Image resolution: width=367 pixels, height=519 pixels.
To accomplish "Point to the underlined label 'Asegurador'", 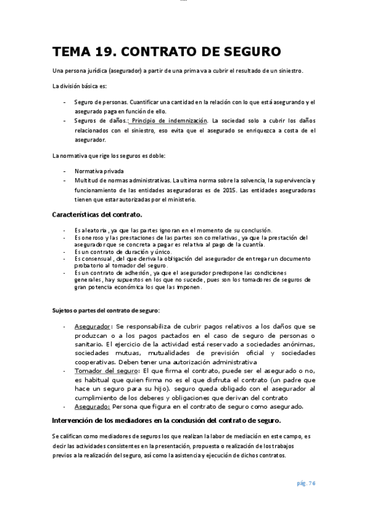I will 92,327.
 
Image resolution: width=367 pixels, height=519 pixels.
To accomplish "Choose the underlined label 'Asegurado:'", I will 92,406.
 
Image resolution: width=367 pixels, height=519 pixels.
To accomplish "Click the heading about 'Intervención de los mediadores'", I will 166,420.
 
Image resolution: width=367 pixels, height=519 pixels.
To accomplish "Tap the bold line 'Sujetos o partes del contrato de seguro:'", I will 105,311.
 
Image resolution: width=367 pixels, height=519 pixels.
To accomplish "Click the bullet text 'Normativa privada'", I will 99,171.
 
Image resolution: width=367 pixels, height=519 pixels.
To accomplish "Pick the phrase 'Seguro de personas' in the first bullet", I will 100,102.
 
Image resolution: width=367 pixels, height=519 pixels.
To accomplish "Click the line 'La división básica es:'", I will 79,85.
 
